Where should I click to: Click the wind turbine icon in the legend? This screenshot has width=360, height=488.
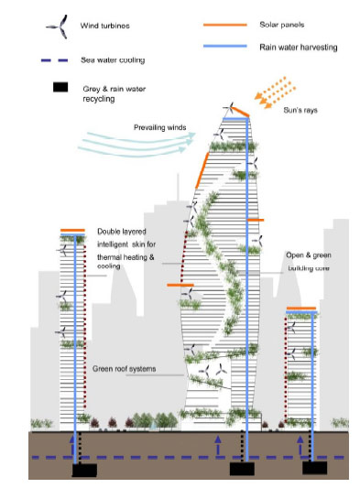[59, 27]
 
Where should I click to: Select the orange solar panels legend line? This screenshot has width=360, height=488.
[224, 25]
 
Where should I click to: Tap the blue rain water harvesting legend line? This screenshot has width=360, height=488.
[224, 46]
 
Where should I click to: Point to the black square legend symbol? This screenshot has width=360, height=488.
[60, 87]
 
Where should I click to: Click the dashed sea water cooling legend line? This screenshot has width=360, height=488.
[54, 60]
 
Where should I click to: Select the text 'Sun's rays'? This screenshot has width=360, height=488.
[300, 110]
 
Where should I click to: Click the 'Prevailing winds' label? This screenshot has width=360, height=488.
[159, 127]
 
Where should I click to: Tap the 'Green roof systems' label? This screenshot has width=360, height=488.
[124, 369]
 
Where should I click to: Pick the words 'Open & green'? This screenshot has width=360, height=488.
[309, 255]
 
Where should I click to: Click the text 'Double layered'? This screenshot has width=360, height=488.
[122, 232]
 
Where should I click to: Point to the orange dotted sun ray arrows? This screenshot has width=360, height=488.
[275, 92]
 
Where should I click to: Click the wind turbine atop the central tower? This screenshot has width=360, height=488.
[229, 109]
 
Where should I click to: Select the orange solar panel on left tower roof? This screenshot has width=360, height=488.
[72, 231]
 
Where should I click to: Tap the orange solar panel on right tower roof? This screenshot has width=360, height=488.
[301, 309]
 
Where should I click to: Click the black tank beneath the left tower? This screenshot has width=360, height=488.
[84, 470]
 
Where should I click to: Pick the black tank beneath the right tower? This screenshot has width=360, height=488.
[314, 468]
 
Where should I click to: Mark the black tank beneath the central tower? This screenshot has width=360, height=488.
[242, 469]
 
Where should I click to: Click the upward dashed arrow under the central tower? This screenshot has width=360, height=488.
[218, 445]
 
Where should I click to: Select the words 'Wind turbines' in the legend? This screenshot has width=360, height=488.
[105, 26]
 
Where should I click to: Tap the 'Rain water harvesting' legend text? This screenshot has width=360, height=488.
[299, 48]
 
